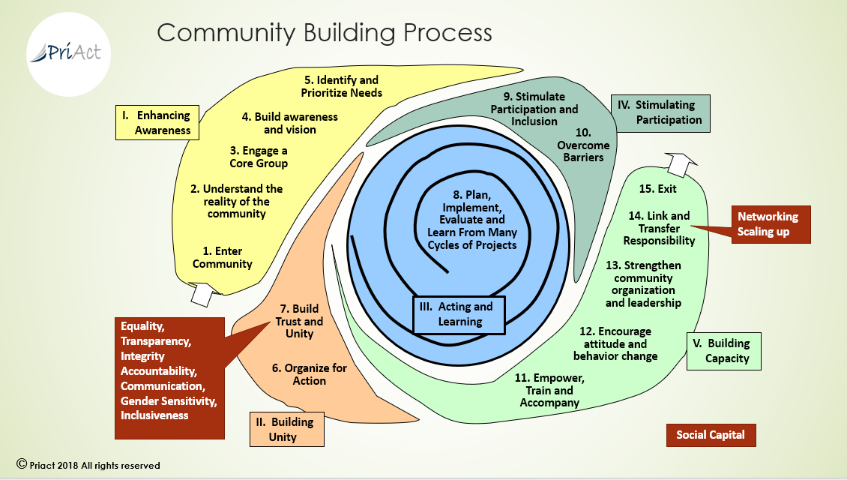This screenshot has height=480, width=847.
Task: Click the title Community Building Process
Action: pos(324,32)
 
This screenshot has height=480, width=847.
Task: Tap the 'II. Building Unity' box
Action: pos(286,429)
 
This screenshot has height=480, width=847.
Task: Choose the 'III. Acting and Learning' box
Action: pos(460,314)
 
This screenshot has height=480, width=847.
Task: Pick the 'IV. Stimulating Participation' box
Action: pos(660,112)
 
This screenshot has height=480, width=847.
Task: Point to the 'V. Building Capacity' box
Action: pos(723,351)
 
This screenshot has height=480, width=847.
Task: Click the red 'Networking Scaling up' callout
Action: pos(769,224)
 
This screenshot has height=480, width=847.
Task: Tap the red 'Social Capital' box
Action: pos(711,435)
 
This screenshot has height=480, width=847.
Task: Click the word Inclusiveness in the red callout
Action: pos(154,415)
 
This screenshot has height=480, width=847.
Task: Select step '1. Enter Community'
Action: pos(222,257)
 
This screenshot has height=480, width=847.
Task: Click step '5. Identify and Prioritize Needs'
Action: pos(342,86)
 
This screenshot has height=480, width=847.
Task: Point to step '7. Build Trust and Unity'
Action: pos(300,321)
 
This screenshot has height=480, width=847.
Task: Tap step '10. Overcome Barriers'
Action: pos(583,145)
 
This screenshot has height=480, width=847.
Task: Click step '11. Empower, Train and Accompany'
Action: pos(549,390)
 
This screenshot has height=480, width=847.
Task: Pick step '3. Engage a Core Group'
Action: pos(259,157)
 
